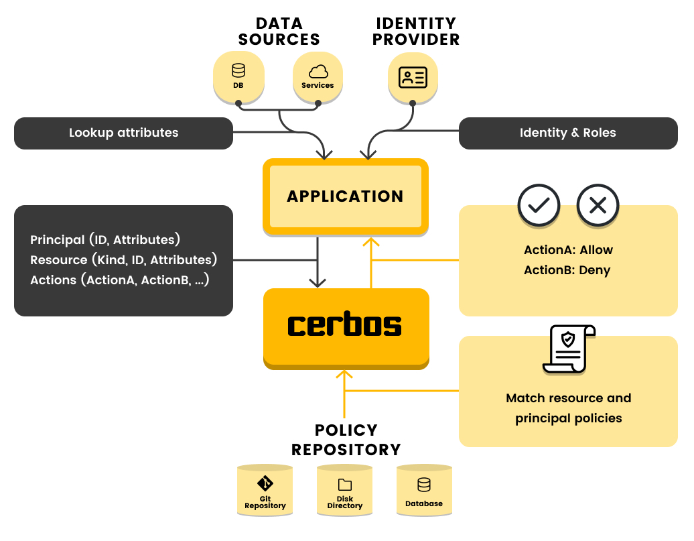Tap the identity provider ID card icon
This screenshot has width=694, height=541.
click(x=413, y=77)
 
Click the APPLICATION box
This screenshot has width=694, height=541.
click(x=345, y=196)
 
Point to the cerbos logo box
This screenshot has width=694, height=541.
click(x=346, y=326)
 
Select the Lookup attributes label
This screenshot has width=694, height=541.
click(x=123, y=133)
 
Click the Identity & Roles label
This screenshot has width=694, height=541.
click(x=567, y=133)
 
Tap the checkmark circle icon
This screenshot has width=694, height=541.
click(x=539, y=204)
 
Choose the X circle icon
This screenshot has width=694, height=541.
click(x=598, y=204)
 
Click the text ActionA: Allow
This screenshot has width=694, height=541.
click(x=568, y=250)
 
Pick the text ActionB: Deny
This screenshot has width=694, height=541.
click(x=568, y=271)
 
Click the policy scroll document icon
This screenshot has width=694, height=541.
click(x=568, y=349)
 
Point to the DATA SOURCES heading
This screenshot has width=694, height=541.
click(x=279, y=32)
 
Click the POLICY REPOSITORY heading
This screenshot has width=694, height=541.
click(x=346, y=440)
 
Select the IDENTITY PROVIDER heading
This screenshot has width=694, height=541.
click(x=416, y=32)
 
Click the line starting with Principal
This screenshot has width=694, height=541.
click(x=105, y=240)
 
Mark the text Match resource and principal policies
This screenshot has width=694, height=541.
click(x=568, y=408)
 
